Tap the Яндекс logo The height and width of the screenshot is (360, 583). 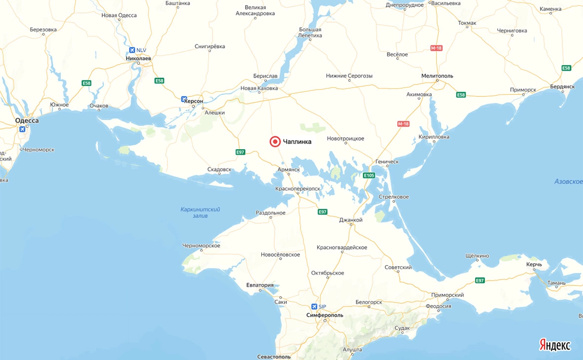[554, 345]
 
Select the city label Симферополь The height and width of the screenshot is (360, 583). [325, 315]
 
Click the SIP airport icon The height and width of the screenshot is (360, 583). [314, 307]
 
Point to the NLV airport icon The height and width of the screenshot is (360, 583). [132, 50]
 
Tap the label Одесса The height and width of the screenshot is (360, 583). [27, 120]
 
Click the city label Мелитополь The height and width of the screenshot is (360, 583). [437, 76]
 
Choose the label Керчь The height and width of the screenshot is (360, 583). [534, 264]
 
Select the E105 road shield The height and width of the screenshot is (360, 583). [369, 175]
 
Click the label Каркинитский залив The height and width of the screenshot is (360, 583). [200, 212]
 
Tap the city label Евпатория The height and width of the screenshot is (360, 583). [260, 285]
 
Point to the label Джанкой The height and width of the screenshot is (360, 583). [351, 220]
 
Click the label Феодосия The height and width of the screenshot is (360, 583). [439, 306]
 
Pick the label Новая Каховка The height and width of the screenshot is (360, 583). [259, 88]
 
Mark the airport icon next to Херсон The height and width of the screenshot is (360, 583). [184, 99]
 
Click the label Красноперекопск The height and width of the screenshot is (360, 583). [298, 189]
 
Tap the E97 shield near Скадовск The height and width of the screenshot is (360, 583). [240, 152]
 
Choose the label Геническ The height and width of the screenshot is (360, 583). [387, 161]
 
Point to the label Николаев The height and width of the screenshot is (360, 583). [139, 58]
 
